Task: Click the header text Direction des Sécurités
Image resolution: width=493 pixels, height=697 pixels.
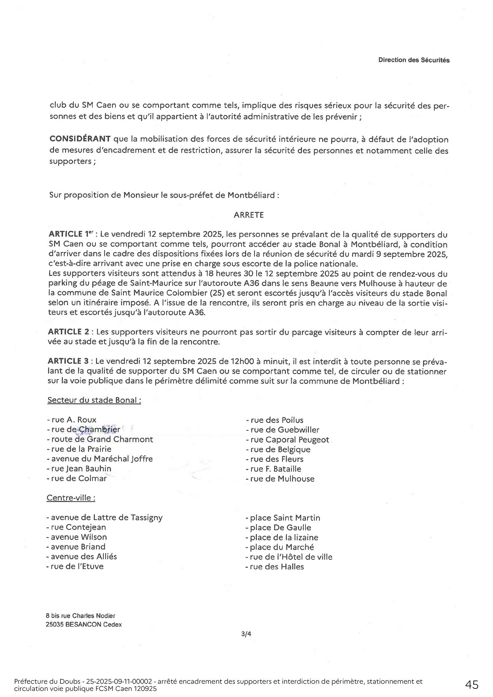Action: [413, 60]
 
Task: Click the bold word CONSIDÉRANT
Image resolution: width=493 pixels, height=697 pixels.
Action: [80, 139]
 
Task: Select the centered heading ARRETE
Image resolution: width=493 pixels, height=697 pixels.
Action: [248, 215]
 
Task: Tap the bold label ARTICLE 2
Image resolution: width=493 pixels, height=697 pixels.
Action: [69, 332]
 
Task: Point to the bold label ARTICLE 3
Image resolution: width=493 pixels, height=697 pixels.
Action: [68, 361]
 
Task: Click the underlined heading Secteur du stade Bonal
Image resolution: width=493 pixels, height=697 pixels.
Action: [94, 400]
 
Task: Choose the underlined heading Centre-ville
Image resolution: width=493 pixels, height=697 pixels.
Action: [71, 498]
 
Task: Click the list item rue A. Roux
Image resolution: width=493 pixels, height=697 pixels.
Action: [72, 420]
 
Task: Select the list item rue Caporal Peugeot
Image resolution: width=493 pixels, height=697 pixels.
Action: [288, 440]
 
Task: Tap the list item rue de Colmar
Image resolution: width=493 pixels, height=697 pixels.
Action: [77, 478]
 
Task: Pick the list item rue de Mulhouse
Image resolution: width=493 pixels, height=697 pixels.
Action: [280, 479]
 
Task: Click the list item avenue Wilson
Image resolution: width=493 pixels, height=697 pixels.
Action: [77, 537]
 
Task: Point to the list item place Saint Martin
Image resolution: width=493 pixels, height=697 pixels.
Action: [283, 518]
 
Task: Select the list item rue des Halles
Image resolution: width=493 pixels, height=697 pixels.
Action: [275, 567]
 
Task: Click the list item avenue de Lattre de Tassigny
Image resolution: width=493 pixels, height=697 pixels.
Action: [105, 518]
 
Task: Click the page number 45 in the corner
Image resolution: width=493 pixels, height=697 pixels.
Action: [472, 685]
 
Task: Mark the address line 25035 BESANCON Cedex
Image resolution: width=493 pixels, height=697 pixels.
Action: [83, 624]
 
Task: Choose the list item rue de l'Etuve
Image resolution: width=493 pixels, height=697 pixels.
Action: [75, 566]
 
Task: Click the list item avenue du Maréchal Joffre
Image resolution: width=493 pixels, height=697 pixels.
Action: [100, 459]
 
